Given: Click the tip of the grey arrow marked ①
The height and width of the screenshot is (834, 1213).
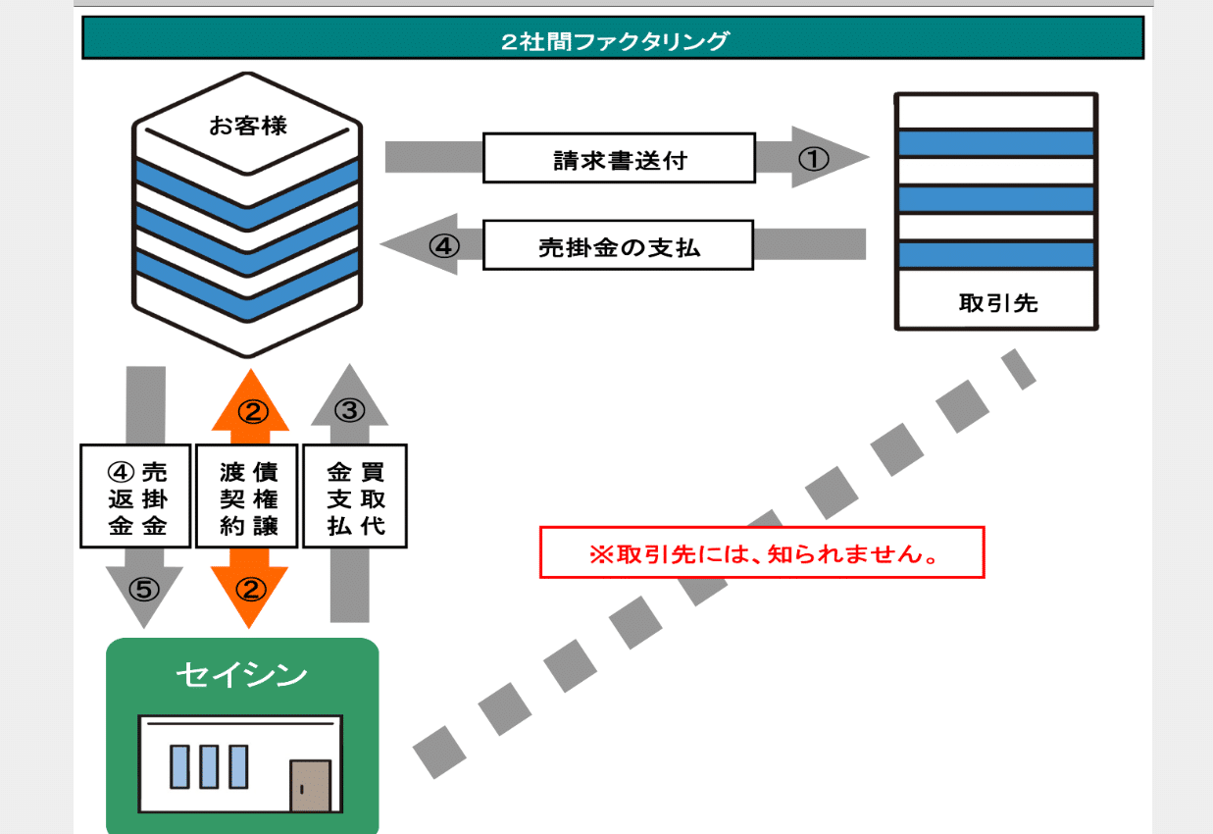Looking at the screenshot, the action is [x=869, y=157].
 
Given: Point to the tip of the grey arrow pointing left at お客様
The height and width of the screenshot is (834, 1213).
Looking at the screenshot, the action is [x=380, y=244].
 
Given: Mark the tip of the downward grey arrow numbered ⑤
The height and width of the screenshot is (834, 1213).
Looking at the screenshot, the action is [x=143, y=628].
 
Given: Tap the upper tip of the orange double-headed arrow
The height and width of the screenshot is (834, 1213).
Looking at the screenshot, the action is [x=250, y=370].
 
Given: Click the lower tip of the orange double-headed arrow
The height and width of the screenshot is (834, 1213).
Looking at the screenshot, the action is [x=249, y=629].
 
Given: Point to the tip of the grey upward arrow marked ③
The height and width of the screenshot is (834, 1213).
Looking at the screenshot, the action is [x=349, y=364].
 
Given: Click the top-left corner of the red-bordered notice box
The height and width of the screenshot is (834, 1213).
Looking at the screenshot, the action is [x=540, y=527].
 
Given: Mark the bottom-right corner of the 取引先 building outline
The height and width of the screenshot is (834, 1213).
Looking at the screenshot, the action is [x=1097, y=329].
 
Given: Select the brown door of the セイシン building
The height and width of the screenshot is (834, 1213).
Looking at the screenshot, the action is [x=310, y=785].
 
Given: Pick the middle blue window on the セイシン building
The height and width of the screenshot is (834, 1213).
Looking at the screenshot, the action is [x=209, y=766].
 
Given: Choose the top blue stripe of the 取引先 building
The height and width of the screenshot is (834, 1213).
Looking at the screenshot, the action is [x=996, y=143].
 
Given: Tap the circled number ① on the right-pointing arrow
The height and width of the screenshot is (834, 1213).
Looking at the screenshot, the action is [x=813, y=159].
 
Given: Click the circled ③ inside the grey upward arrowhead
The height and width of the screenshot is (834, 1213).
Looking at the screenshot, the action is [x=349, y=410].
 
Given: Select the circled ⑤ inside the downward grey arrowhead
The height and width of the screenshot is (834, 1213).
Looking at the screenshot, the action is [x=144, y=589].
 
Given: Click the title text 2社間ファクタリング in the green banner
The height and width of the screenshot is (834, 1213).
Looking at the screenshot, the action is [x=615, y=40].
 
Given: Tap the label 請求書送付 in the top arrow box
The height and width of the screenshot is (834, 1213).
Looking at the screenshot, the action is [x=620, y=160].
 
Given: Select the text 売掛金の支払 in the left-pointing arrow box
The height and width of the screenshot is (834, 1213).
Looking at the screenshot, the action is [x=620, y=247].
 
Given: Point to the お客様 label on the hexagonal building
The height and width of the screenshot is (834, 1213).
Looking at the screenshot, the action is [x=248, y=126].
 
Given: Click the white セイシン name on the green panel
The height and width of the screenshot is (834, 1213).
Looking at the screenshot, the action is [x=241, y=675].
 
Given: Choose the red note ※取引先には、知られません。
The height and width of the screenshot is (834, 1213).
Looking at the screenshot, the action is [x=764, y=553].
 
